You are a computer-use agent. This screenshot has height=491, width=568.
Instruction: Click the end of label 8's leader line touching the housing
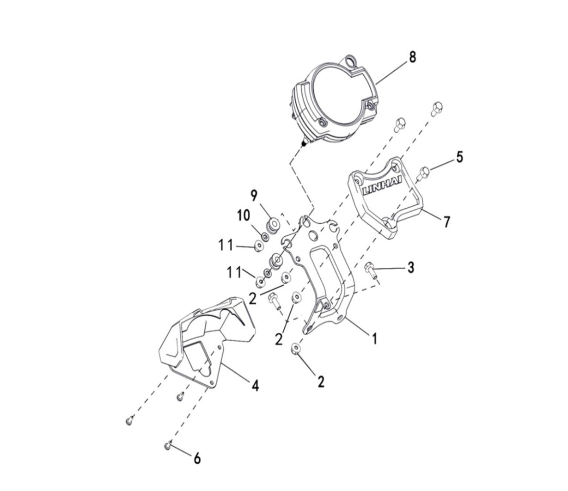click(376, 83)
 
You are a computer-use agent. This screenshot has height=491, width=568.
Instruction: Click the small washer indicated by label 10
click(265, 236)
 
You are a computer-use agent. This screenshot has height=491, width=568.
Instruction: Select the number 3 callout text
click(410, 267)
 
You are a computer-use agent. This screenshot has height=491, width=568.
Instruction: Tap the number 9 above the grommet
click(254, 196)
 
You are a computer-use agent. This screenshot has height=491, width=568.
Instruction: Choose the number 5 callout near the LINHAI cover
click(459, 157)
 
